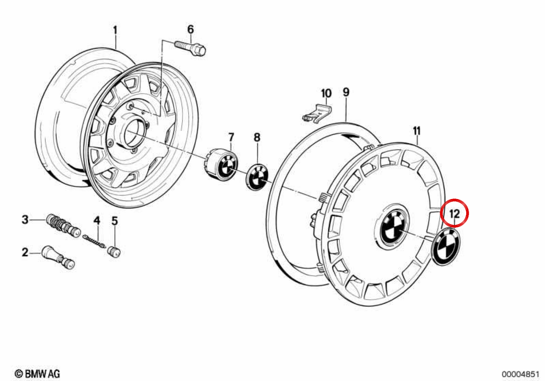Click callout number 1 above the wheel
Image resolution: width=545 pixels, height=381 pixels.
click(115, 30)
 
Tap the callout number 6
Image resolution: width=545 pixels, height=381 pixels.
click(190, 29)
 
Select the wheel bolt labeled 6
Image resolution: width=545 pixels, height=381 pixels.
click(190, 49)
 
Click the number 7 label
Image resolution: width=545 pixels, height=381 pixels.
click(231, 138)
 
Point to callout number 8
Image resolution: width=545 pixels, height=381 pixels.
click(257, 138)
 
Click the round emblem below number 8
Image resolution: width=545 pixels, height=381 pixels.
click(257, 177)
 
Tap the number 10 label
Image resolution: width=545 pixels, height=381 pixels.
click(326, 93)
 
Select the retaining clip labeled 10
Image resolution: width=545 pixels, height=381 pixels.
click(317, 113)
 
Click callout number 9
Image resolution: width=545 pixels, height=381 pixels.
click(346, 92)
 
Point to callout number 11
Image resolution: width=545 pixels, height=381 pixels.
click(416, 131)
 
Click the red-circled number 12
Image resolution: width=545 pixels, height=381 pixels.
click(454, 213)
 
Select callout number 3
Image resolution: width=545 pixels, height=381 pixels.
click(25, 220)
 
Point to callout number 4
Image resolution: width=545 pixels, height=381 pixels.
click(97, 220)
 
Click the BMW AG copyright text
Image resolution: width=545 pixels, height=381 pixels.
click(37, 374)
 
